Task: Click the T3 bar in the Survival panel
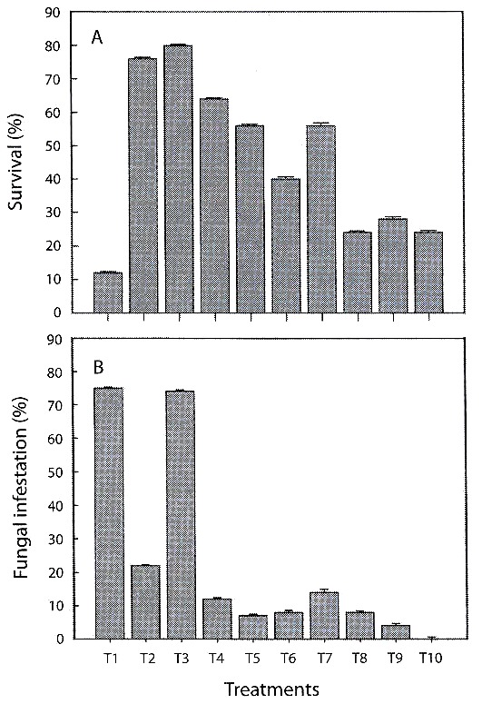click(179, 179)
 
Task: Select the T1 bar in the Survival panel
click(108, 293)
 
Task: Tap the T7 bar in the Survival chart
click(321, 219)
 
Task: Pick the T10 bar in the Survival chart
click(428, 273)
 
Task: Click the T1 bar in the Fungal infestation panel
click(110, 512)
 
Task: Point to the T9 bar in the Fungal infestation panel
click(396, 631)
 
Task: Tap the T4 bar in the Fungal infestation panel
click(217, 619)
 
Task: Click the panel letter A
click(97, 38)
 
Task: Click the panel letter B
click(98, 367)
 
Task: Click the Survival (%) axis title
click(16, 162)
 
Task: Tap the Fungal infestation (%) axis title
click(20, 489)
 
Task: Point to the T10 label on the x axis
click(431, 659)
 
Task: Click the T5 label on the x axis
click(252, 659)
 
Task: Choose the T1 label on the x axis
click(111, 659)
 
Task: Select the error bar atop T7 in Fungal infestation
click(324, 590)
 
